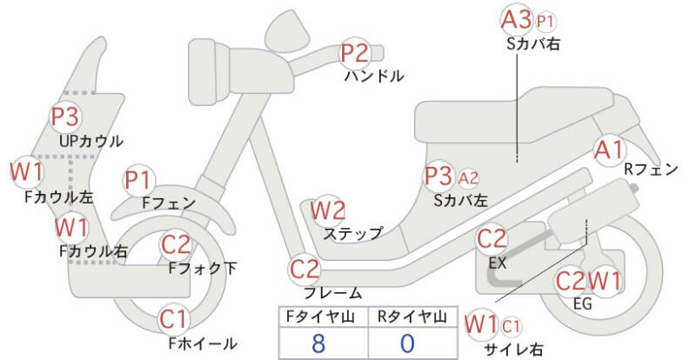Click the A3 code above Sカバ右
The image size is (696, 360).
coord(517,19)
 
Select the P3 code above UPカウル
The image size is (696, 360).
coord(64,117)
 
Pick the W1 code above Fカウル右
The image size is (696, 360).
coord(70,229)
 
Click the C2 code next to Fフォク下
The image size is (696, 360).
coord(177,245)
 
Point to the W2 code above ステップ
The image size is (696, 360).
coord(329,210)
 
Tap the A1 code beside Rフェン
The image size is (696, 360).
coord(608,149)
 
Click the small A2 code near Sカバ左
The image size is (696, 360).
coord(468,178)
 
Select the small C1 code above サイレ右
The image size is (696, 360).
coord(512,326)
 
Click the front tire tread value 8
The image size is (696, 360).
coord(318,342)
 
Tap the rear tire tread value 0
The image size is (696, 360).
coord(407,342)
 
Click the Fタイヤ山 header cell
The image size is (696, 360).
coord(318,317)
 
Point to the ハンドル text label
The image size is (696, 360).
coord(374,77)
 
